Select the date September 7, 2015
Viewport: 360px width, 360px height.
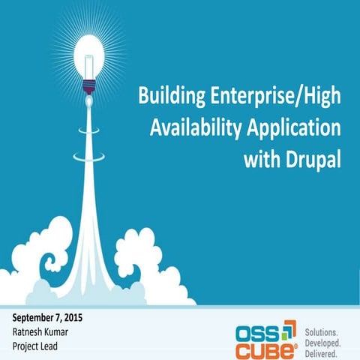pos(47,318)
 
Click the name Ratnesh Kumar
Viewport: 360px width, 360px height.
pos(42,332)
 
